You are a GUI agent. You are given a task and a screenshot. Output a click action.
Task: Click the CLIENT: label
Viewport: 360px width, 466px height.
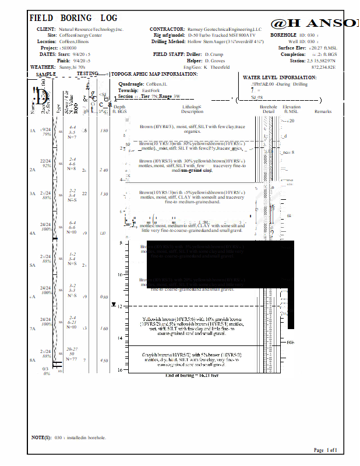point(46,29)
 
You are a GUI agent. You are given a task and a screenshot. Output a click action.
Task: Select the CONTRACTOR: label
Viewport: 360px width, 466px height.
point(167,29)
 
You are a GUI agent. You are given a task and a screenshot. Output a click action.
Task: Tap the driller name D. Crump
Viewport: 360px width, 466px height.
point(214,54)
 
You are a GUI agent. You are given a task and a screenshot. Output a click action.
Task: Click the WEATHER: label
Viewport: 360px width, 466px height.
point(43,68)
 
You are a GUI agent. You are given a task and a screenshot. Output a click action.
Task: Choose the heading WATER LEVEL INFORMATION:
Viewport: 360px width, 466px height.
point(280,77)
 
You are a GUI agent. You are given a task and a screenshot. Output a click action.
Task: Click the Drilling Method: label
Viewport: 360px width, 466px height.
point(168,42)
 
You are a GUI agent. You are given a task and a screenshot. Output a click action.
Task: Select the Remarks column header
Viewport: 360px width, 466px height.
point(323,111)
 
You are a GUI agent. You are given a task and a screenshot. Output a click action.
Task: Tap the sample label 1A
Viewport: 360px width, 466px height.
point(33,131)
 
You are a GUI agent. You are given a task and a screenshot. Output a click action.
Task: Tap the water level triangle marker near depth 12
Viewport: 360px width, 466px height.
point(121,305)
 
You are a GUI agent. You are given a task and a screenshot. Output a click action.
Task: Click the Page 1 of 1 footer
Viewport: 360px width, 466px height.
point(325,450)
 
